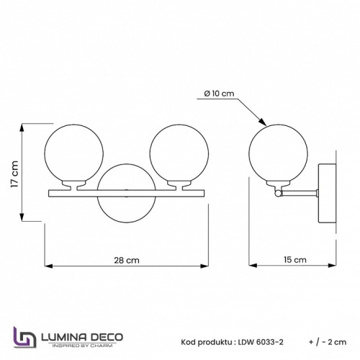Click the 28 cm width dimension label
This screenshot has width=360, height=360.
point(127,261)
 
